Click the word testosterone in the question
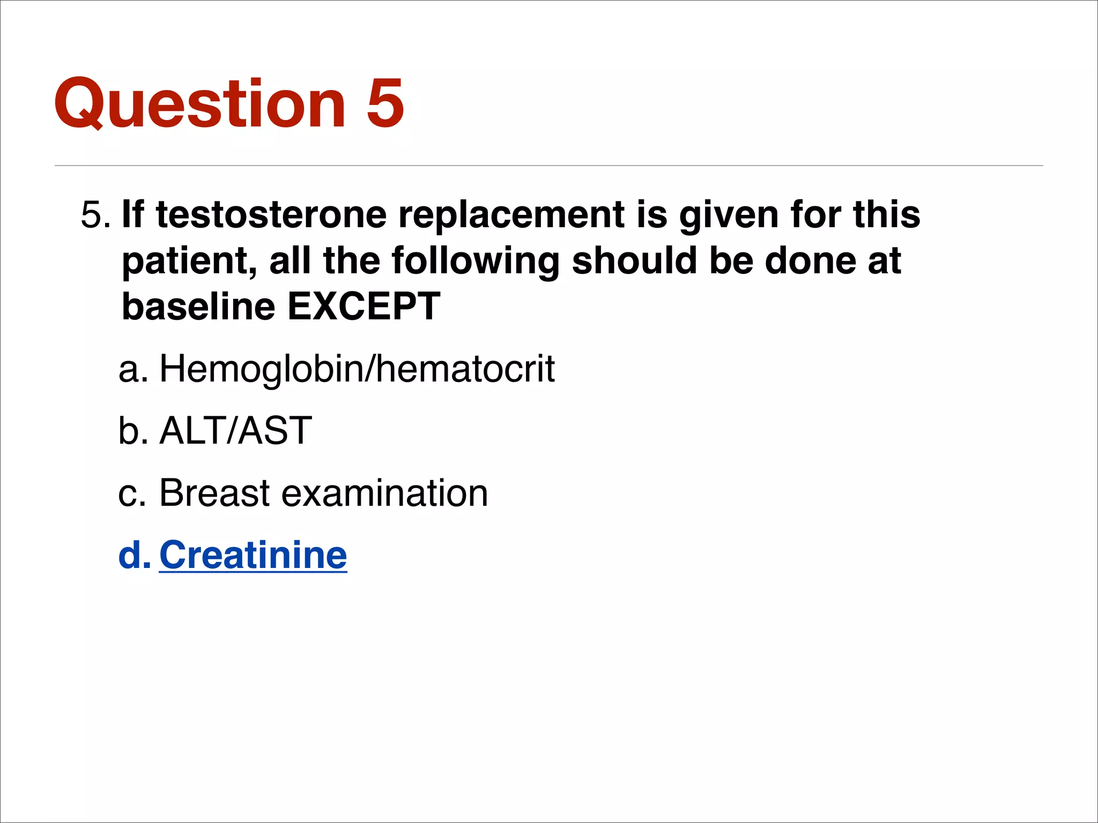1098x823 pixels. pos(271,215)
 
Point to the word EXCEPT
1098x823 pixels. pos(364,306)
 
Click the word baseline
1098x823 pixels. pos(198,306)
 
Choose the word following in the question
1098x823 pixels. pos(475,261)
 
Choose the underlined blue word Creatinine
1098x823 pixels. pos(253,555)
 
